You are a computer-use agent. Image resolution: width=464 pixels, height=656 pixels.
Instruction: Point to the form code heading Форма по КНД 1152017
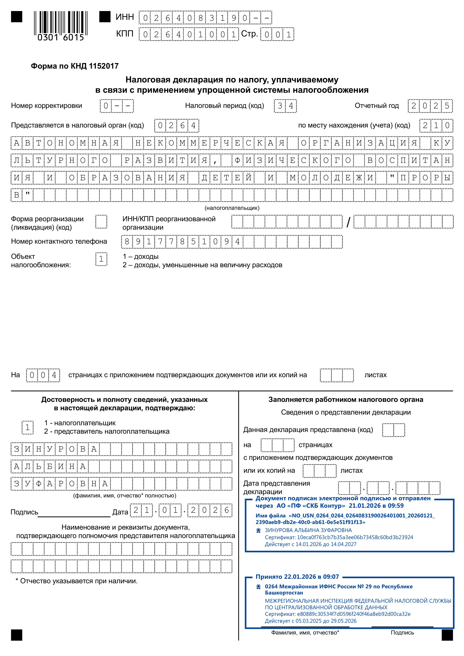pyautogui.click(x=75, y=66)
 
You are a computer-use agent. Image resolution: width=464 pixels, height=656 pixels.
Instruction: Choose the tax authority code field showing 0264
pyautogui.click(x=177, y=126)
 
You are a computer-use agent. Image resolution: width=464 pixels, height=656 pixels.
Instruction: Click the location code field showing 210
pyautogui.click(x=436, y=126)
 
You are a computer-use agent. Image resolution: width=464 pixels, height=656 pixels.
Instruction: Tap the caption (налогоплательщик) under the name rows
pyautogui.click(x=232, y=208)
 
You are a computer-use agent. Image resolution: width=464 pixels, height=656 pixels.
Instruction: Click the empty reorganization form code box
pyautogui.click(x=101, y=222)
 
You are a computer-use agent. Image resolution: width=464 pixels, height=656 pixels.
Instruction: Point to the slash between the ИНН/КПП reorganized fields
pyautogui.click(x=348, y=222)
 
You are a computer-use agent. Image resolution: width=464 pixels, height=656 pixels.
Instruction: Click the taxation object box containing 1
pyautogui.click(x=101, y=259)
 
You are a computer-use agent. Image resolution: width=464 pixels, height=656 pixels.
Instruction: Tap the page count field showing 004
pyautogui.click(x=43, y=375)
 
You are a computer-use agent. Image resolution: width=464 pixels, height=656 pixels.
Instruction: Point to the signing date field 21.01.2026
pyautogui.click(x=181, y=511)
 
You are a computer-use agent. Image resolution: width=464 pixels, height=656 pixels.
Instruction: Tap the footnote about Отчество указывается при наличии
pyautogui.click(x=76, y=581)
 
